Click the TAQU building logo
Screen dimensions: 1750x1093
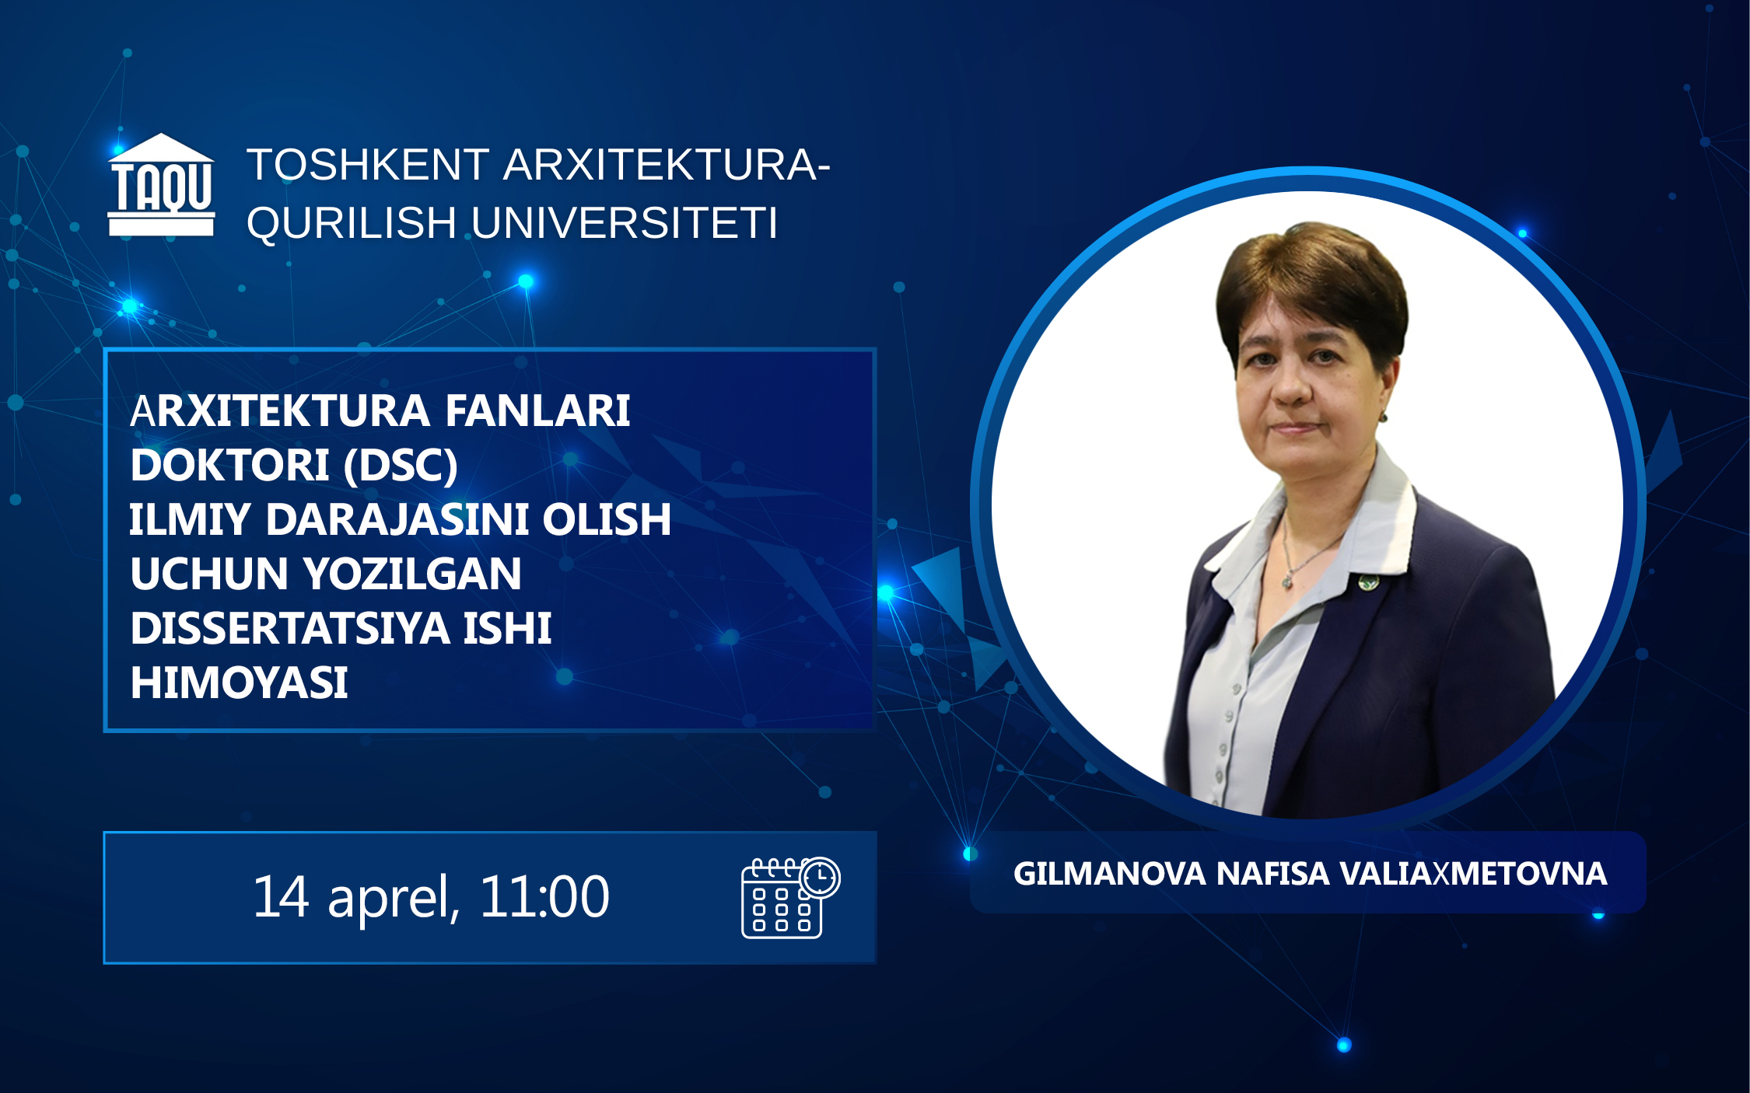coord(161,184)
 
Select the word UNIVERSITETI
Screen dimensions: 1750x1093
coord(625,223)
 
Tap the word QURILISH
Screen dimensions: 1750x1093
coord(352,224)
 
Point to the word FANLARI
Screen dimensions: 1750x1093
coord(537,410)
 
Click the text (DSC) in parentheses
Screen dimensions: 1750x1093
coord(401,466)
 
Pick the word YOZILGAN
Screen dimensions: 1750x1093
coord(412,574)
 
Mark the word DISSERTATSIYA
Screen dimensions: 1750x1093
coord(290,628)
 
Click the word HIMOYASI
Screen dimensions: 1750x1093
coord(239,683)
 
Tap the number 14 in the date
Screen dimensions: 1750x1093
coord(282,897)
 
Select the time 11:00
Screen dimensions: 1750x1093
coord(544,897)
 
